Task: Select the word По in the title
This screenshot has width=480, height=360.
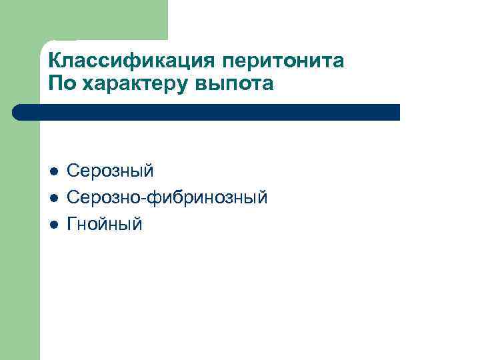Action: point(60,84)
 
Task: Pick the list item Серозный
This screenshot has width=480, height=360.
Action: point(110,171)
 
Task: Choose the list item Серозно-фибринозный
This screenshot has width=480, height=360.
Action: point(167,198)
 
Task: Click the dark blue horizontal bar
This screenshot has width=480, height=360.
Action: point(207,112)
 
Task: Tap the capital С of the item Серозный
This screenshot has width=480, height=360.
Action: point(73,171)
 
